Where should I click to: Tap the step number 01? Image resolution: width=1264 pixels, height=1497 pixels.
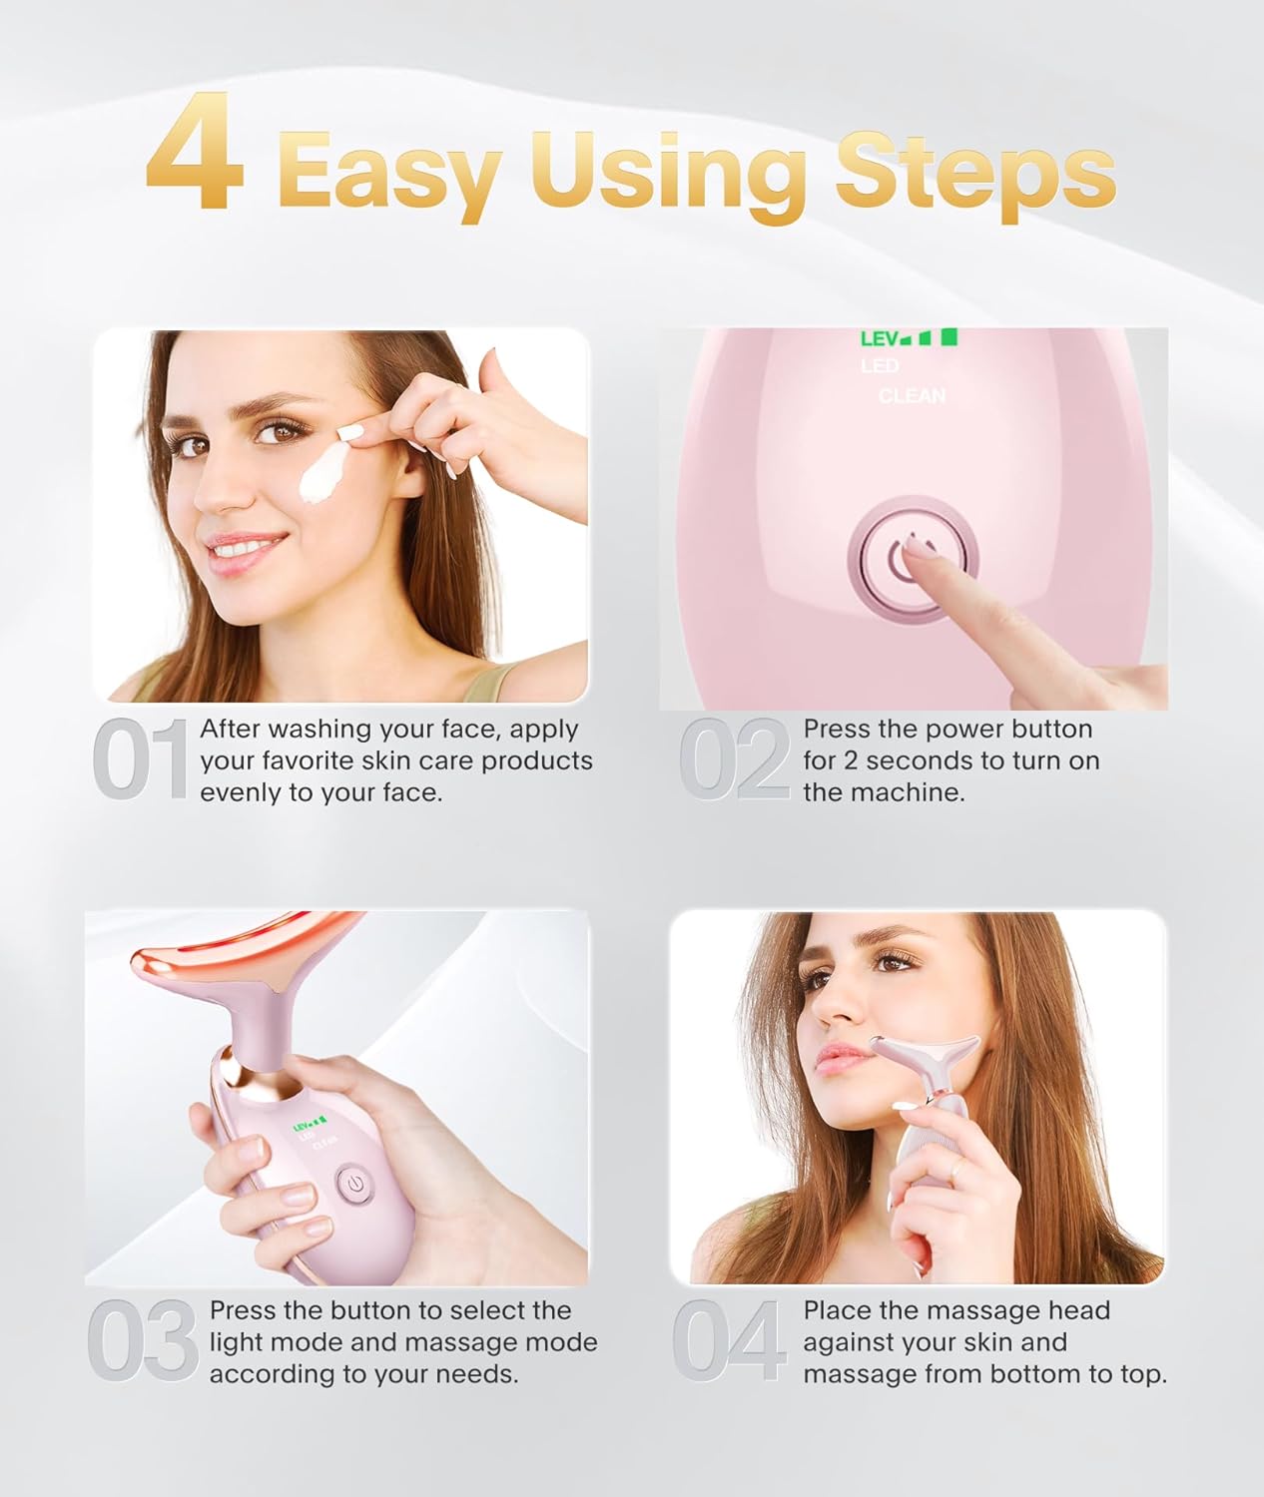click(141, 760)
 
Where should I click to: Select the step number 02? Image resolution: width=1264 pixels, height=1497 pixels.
click(735, 760)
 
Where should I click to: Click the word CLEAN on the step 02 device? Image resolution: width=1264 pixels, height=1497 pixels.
click(912, 396)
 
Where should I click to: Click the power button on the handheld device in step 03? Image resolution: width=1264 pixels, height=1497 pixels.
click(352, 1186)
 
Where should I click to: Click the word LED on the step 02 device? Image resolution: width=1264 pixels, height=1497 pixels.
click(880, 366)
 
